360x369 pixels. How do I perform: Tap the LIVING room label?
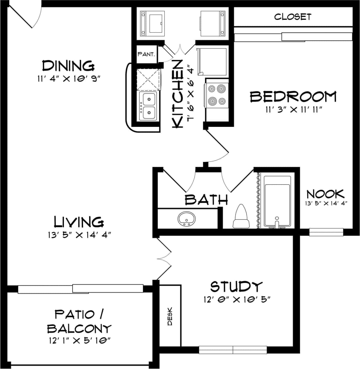tap(79, 222)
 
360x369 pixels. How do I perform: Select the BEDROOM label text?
tap(293, 97)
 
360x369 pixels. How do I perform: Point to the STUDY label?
tap(236, 286)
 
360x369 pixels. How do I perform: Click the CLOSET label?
tap(293, 17)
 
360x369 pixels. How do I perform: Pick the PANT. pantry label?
tap(146, 54)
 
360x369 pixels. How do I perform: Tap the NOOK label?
tap(325, 194)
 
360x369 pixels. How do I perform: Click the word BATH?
tap(206, 199)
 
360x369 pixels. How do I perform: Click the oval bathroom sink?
tap(186, 219)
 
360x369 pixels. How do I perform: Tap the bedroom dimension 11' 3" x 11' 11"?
tap(293, 110)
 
